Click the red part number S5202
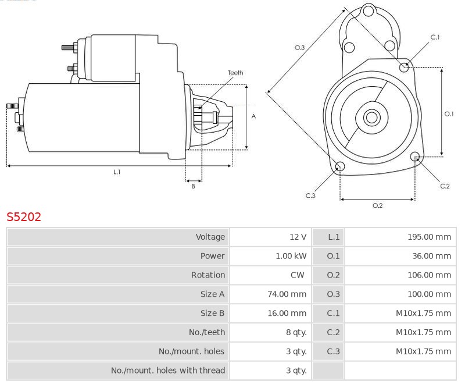tap(24, 217)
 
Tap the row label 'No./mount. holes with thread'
tap(167, 370)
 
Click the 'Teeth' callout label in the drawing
tap(235, 73)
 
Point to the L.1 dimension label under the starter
tap(117, 172)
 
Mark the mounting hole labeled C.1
tap(405, 67)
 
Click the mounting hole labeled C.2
tap(415, 157)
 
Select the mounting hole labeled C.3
tap(340, 168)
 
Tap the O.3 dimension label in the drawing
tap(300, 48)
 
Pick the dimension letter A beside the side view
tap(253, 116)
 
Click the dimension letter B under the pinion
tap(194, 186)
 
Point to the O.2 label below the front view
tap(377, 205)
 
